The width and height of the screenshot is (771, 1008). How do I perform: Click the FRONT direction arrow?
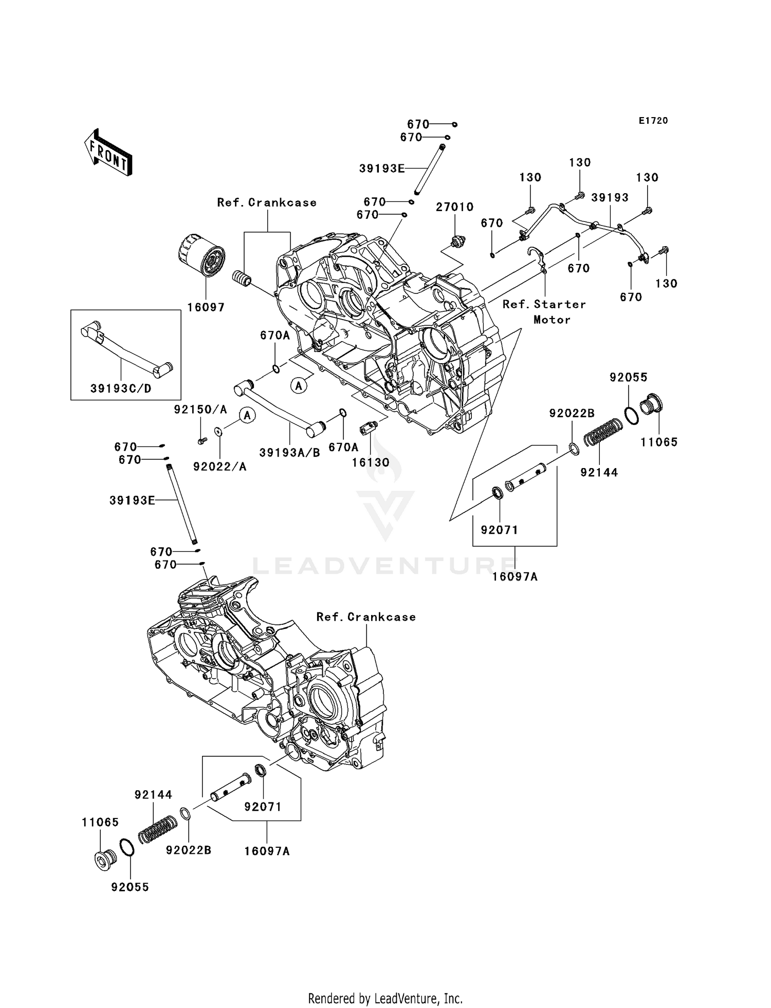(x=108, y=154)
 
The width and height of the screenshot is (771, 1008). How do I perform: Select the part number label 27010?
(x=454, y=207)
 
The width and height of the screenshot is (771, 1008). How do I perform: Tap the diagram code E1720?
(x=653, y=121)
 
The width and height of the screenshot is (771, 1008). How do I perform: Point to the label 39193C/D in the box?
(x=121, y=388)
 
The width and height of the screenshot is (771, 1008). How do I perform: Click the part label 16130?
(x=370, y=462)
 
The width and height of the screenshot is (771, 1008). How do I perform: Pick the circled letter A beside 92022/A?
(x=247, y=415)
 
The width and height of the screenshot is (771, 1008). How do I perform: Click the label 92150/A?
(x=200, y=409)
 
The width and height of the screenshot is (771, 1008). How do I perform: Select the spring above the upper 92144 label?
(x=602, y=431)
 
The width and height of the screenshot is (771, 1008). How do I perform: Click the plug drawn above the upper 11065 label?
(x=652, y=405)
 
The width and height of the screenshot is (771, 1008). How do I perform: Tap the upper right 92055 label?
(x=628, y=377)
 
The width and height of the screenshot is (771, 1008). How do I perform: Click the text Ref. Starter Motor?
(x=544, y=312)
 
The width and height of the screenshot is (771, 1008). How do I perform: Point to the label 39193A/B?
(x=289, y=452)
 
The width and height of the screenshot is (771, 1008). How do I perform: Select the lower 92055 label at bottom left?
(x=130, y=887)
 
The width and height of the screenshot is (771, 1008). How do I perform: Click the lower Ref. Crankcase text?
(x=366, y=617)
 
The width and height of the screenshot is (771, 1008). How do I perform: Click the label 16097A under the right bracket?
(x=515, y=576)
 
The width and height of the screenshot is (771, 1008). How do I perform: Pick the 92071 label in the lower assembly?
(x=263, y=807)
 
